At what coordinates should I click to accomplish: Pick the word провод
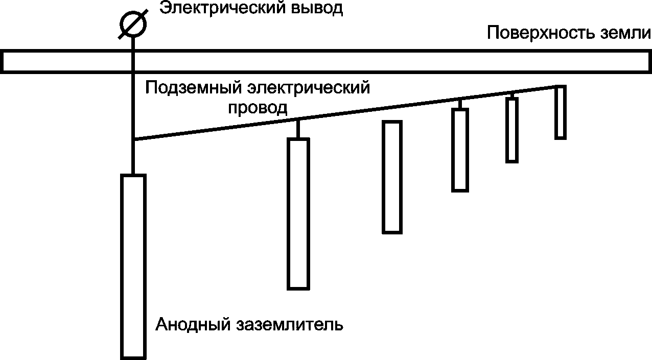258,108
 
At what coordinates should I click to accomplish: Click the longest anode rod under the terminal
133,266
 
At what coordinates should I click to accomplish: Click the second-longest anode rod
298,213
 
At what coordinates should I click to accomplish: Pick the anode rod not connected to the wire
392,177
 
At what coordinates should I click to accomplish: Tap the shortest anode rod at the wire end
561,112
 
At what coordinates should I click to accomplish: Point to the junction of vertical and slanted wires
133,139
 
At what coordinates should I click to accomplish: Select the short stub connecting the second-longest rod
298,129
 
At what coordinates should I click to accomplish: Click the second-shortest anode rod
511,130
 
